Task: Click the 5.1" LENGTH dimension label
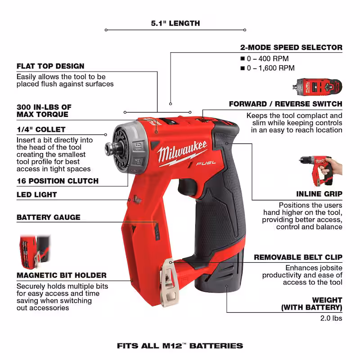click(x=175, y=23)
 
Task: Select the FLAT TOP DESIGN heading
click(x=50, y=66)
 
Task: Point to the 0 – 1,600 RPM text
click(x=270, y=68)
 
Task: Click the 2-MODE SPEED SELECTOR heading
click(x=291, y=47)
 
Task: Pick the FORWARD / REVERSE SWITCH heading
click(x=285, y=104)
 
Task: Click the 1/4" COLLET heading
click(x=41, y=130)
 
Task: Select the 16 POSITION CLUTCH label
click(x=58, y=181)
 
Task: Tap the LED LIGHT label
click(x=37, y=195)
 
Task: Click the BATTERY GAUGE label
click(x=49, y=217)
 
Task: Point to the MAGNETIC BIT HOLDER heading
click(x=62, y=275)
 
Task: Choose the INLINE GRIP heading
click(x=319, y=194)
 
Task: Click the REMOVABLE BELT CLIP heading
click(x=298, y=257)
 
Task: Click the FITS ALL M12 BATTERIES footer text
click(x=180, y=346)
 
